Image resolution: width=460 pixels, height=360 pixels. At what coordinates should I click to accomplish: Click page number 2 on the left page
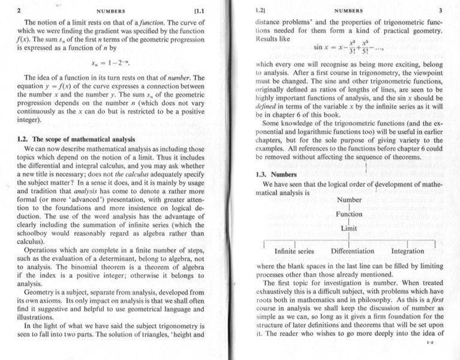[x=19, y=10]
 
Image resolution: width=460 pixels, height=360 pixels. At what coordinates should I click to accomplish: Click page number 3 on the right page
[x=440, y=10]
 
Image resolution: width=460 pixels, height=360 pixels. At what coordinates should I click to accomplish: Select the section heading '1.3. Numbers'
[x=272, y=175]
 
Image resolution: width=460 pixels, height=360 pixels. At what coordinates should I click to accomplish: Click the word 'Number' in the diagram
[x=349, y=199]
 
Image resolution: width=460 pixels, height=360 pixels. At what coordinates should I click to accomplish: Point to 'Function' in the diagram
[x=349, y=214]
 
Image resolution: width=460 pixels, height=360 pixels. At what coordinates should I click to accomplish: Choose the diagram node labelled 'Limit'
[x=349, y=229]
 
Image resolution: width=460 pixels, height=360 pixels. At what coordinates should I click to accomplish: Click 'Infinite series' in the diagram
[x=294, y=251]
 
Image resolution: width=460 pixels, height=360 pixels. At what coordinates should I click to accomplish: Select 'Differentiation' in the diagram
[x=353, y=251]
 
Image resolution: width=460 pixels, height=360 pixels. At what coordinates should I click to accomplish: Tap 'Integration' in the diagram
[x=407, y=251]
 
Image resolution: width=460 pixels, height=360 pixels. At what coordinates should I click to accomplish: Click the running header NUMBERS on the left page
[x=112, y=11]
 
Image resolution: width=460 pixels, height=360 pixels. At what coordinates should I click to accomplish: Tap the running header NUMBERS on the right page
[x=348, y=11]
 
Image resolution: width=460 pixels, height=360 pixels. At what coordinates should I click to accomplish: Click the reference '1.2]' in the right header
[x=260, y=11]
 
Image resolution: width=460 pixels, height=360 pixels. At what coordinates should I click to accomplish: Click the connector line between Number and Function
[x=349, y=207]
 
